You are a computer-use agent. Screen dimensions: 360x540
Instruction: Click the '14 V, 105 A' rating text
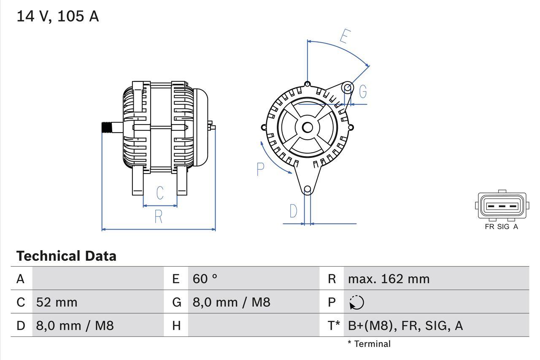pos(57,16)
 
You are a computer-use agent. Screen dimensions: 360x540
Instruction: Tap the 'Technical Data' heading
pos(66,256)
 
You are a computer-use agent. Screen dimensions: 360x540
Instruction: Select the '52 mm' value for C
pos(57,302)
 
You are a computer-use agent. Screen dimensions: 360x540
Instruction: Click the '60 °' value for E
pos(205,279)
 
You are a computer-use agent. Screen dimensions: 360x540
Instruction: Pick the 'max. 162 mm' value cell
pos(389,279)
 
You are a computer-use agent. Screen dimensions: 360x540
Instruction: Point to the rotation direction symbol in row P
pos(356,302)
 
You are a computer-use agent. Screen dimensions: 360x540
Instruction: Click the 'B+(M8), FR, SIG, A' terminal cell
pos(405,325)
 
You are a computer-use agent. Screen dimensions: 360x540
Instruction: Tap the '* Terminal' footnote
pos(369,344)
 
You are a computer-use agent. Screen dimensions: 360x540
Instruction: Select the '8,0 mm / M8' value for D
pos(75,325)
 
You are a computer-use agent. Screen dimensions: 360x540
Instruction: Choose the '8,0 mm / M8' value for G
pos(231,302)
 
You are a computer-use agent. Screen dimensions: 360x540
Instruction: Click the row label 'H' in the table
pos(176,325)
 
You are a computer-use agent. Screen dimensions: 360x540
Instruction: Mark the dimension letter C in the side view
pos(160,193)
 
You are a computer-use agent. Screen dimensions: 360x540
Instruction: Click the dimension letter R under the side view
pos(158,217)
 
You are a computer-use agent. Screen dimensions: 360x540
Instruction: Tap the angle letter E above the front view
pos(345,37)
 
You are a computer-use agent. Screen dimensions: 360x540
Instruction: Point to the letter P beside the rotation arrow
pos(260,169)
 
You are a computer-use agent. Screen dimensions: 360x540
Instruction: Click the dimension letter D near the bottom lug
pos(293,211)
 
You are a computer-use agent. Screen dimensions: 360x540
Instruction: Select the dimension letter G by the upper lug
pos(362,92)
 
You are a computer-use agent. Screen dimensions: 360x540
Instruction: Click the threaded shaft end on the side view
pos(108,127)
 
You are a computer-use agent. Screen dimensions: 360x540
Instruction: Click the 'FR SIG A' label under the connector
pos(501,227)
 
